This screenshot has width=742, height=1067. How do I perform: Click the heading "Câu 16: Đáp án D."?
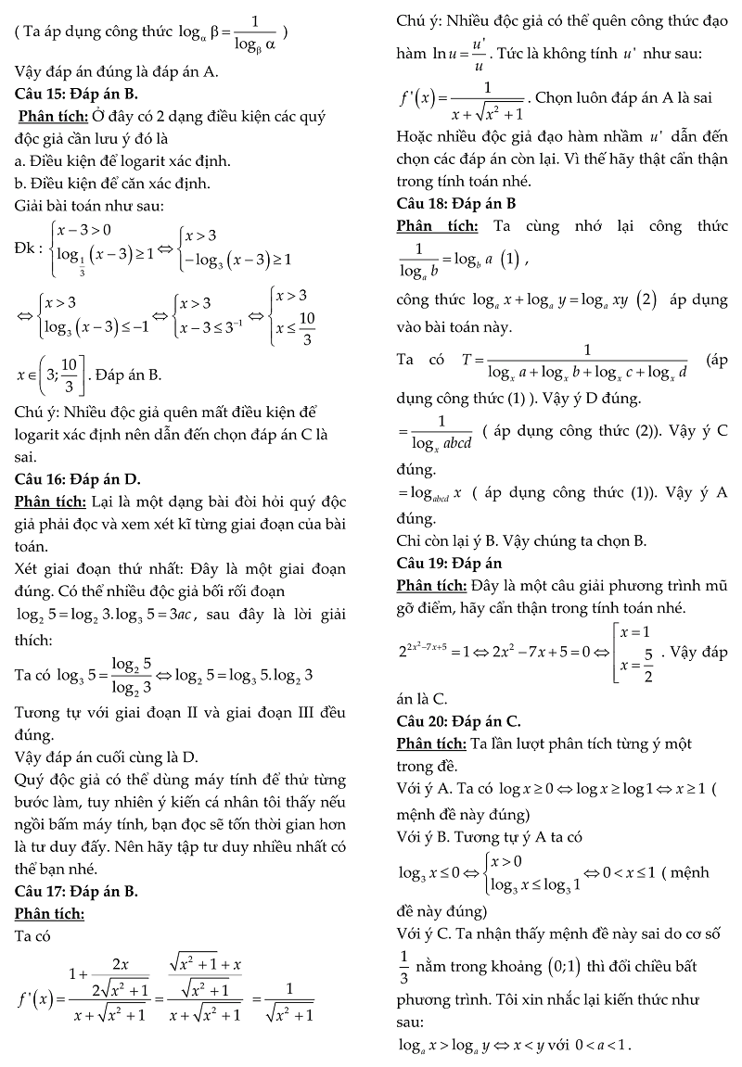coord(78,479)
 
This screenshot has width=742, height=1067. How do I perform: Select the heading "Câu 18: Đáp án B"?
coord(455,203)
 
